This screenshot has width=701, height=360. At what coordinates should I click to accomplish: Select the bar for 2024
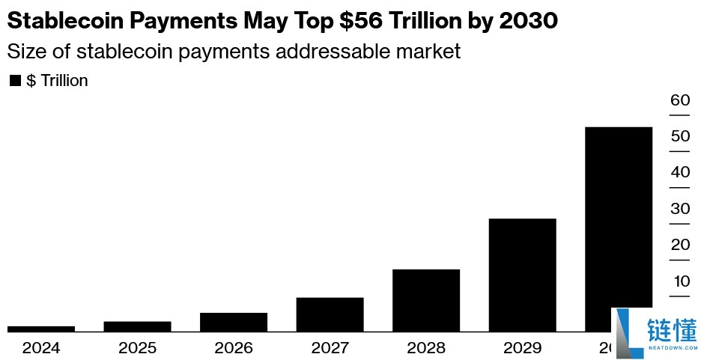click(x=41, y=329)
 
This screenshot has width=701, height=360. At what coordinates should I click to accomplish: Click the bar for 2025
click(x=137, y=326)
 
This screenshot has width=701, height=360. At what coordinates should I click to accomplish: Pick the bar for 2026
click(x=234, y=323)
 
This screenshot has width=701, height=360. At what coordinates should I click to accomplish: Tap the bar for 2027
click(x=330, y=315)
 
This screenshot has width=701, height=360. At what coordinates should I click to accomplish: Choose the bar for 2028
click(x=426, y=301)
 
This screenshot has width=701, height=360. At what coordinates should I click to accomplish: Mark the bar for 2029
click(x=523, y=275)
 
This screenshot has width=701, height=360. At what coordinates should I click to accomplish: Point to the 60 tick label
click(x=680, y=100)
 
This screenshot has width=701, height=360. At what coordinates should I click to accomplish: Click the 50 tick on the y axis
click(x=680, y=136)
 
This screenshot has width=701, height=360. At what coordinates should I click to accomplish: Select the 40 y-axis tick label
click(x=680, y=172)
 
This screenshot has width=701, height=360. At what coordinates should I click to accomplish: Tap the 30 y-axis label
click(x=680, y=209)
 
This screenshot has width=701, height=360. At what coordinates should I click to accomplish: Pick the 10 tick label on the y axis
click(x=682, y=281)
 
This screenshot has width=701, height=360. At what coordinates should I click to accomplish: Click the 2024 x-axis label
click(x=41, y=348)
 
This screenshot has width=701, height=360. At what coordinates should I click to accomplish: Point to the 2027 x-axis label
click(x=330, y=348)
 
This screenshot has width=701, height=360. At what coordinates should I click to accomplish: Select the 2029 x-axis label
click(x=523, y=348)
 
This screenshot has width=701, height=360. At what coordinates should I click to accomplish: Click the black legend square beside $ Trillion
click(x=15, y=81)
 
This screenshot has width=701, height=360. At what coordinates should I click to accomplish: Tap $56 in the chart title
click(x=361, y=20)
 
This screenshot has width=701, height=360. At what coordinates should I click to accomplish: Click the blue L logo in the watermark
click(x=628, y=333)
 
